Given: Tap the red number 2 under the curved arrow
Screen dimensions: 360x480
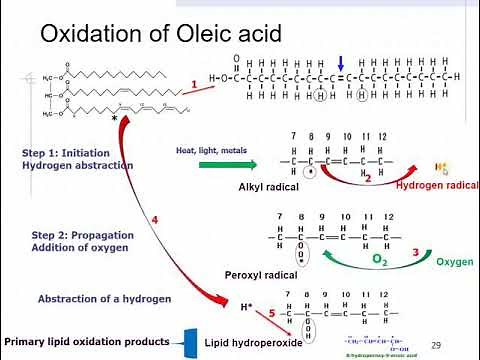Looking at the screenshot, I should [x=368, y=179].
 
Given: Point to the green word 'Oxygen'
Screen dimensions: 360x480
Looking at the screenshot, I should [x=454, y=263].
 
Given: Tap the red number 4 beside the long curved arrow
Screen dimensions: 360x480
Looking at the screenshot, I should [x=155, y=219].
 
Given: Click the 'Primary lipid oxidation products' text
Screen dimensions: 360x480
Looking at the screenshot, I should [x=86, y=341].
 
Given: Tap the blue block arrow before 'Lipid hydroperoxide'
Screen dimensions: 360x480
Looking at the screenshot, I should [x=187, y=342].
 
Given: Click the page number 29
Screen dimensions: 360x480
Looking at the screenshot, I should [x=435, y=344].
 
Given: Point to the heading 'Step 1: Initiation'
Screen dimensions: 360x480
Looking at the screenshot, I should [x=63, y=153].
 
